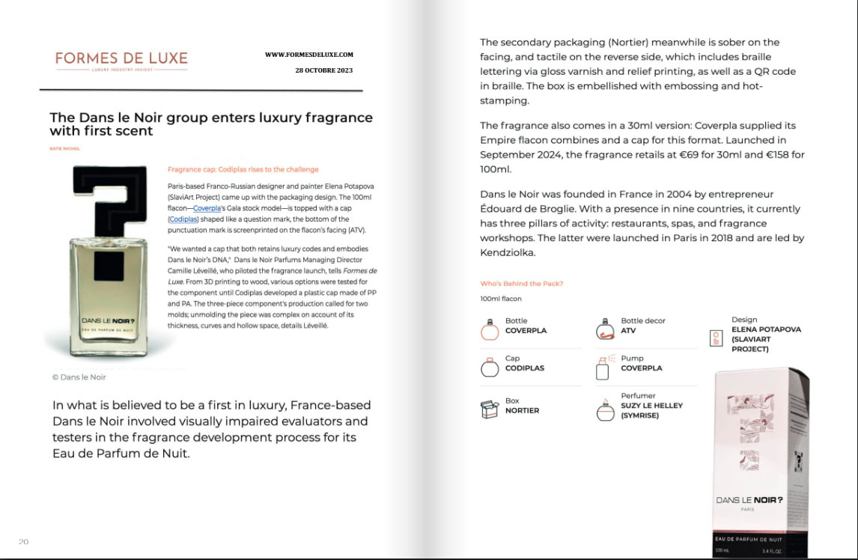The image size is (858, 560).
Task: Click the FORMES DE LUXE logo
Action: (x=121, y=60)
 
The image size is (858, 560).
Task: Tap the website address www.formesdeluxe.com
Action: (x=308, y=55)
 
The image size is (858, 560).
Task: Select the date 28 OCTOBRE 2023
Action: (x=324, y=70)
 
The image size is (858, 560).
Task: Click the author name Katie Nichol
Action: (x=65, y=148)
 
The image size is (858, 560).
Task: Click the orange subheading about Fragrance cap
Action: (x=243, y=170)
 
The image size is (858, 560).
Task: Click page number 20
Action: (x=24, y=541)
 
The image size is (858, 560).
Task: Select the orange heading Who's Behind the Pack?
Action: (x=522, y=284)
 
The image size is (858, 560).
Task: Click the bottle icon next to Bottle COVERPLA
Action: (x=489, y=327)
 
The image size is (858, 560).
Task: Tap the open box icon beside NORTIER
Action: (x=490, y=408)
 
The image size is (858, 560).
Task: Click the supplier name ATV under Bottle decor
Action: (x=628, y=330)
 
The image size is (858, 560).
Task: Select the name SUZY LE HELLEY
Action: (x=651, y=406)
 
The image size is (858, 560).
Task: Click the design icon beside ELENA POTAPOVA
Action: (x=716, y=338)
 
